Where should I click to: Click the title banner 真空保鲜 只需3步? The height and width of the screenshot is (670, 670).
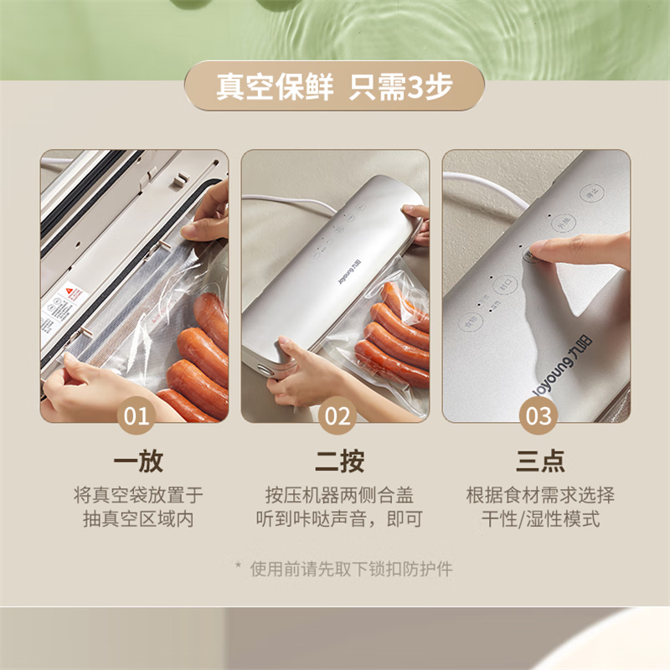[334, 86]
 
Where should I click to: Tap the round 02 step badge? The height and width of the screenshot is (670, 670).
[335, 415]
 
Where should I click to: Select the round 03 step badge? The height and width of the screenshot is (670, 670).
[536, 415]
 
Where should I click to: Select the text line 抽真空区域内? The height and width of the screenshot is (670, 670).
[138, 518]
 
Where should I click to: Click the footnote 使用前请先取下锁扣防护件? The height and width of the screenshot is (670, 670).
[343, 569]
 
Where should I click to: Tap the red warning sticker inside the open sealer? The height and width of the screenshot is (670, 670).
[75, 295]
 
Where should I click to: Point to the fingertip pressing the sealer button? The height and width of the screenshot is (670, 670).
[536, 251]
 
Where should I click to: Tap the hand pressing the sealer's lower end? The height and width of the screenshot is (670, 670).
[297, 373]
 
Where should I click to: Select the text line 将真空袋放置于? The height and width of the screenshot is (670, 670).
[138, 495]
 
